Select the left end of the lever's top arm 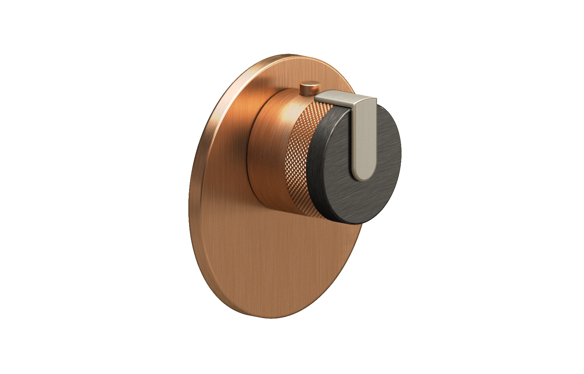point(318,97)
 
